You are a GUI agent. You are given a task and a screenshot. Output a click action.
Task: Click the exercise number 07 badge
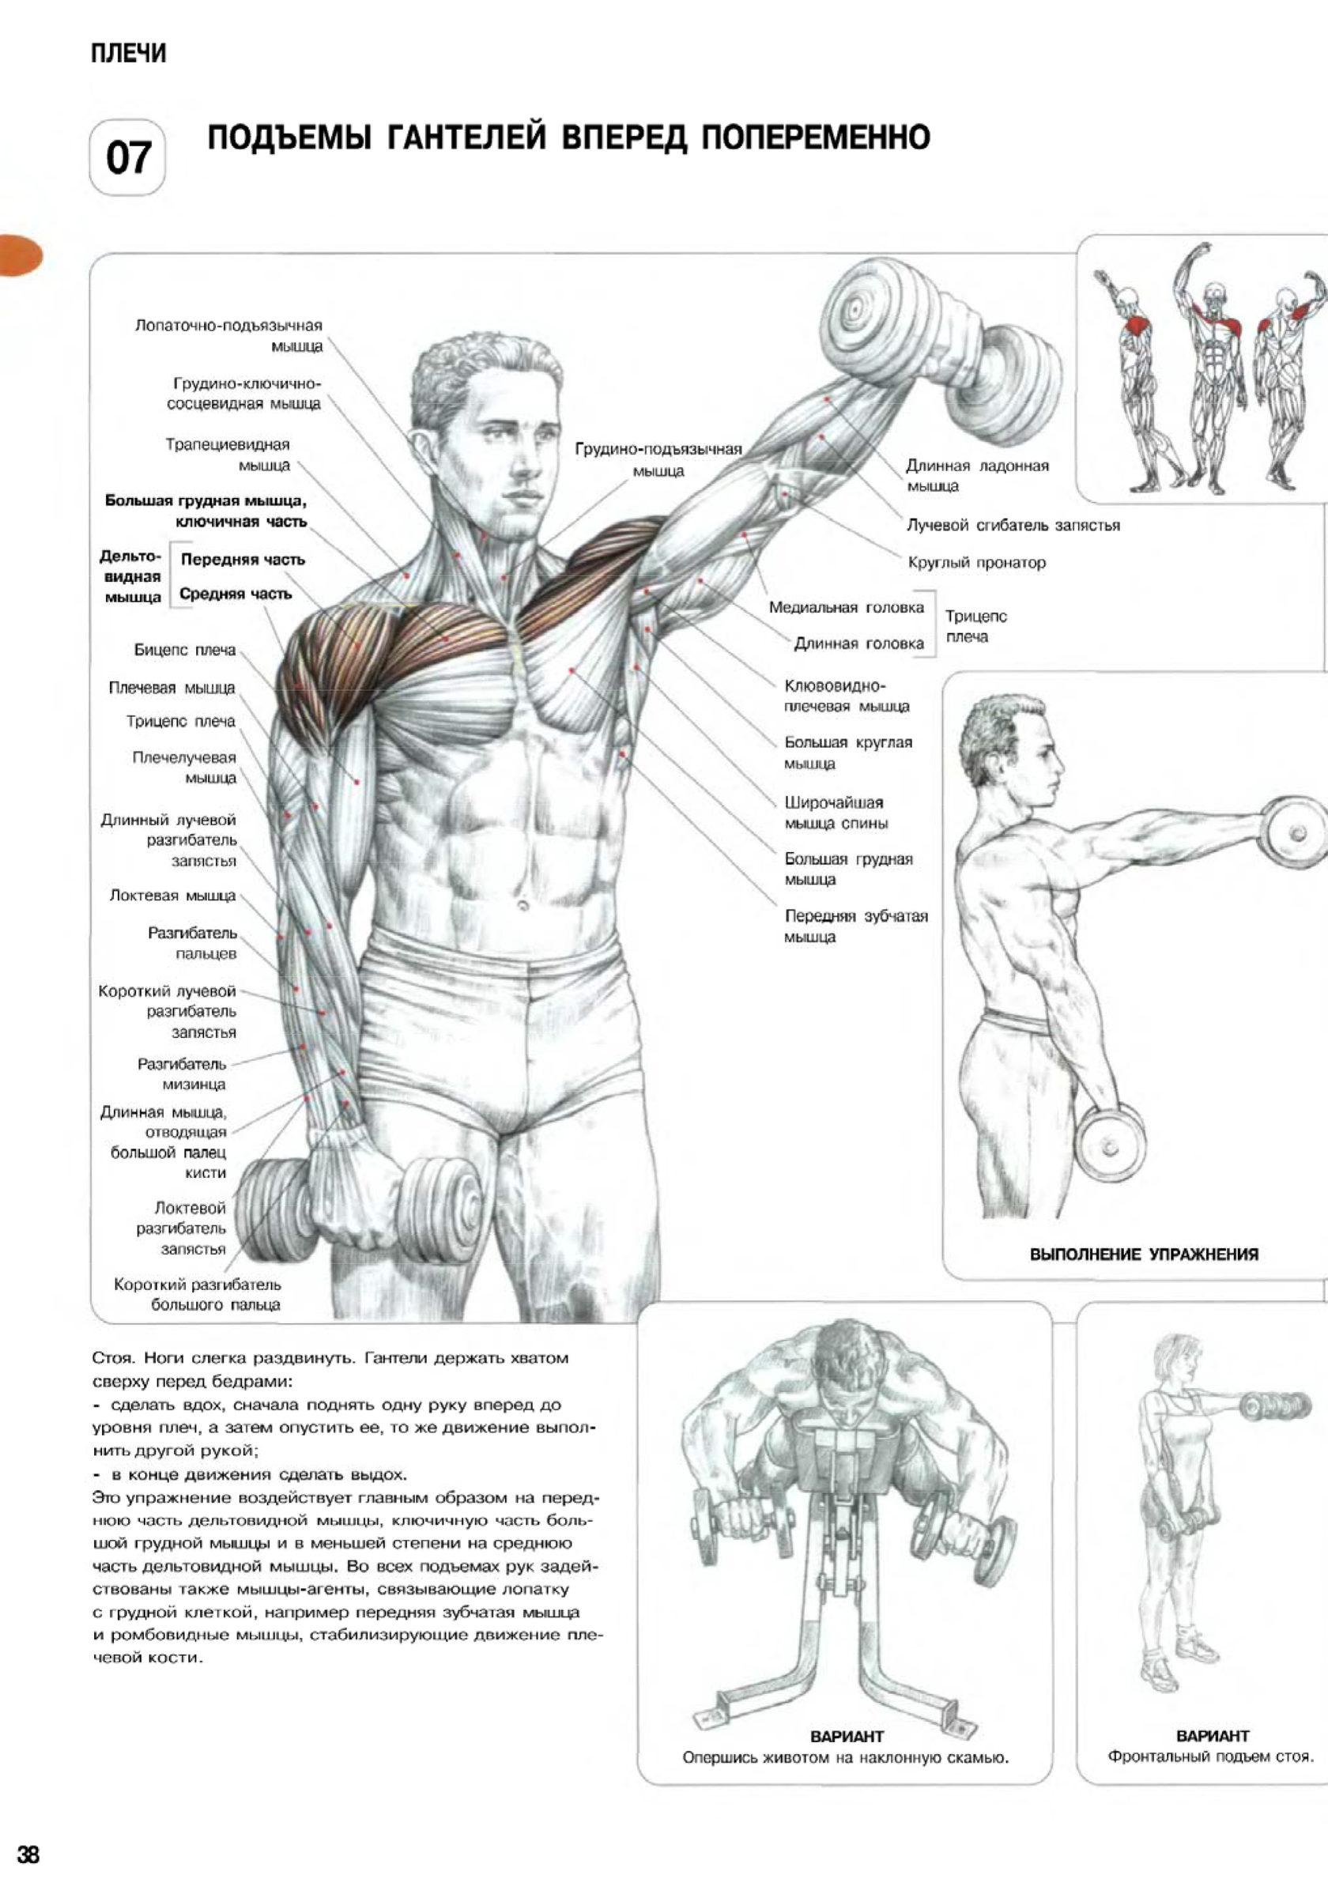(127, 157)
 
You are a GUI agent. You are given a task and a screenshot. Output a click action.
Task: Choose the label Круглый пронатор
(976, 564)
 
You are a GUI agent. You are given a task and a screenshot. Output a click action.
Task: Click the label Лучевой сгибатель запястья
(1013, 526)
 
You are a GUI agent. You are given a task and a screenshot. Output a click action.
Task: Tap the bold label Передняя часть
(243, 560)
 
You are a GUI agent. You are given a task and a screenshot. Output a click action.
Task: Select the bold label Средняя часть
(236, 594)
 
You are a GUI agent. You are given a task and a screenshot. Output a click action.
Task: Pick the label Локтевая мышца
(172, 895)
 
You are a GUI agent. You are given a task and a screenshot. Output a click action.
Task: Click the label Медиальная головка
(847, 608)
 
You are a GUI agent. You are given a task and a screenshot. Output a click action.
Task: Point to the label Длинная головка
(858, 643)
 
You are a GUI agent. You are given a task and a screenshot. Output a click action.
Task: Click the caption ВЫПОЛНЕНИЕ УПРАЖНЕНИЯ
(1144, 1254)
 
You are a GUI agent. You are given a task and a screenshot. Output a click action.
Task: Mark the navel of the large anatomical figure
(523, 905)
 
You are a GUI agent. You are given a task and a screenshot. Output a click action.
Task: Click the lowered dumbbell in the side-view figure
(1111, 1148)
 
